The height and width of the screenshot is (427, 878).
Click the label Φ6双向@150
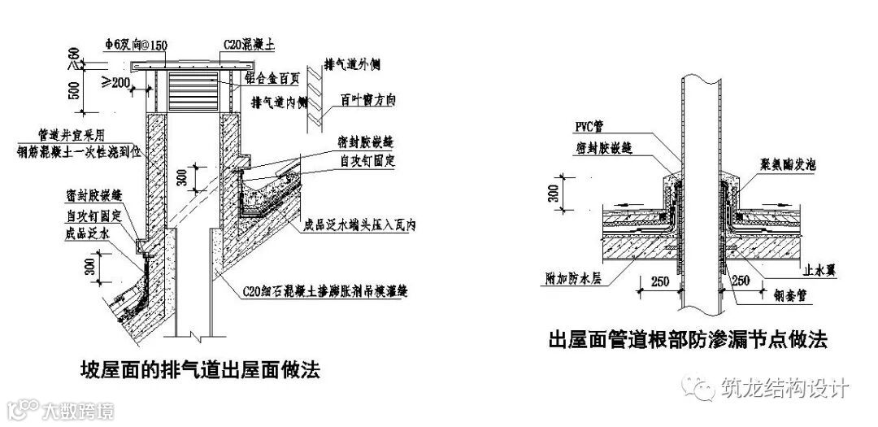[x=141, y=44]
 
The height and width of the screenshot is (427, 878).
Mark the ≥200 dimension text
[x=113, y=81]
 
